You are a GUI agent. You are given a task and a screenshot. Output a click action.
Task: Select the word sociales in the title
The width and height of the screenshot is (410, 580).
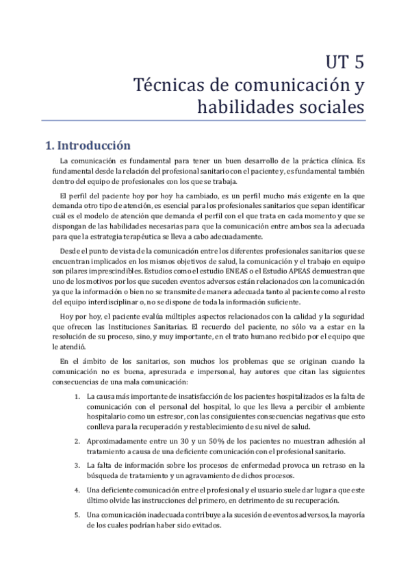click(x=329, y=107)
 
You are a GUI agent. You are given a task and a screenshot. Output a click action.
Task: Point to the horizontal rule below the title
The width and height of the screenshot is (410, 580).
click(x=205, y=121)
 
